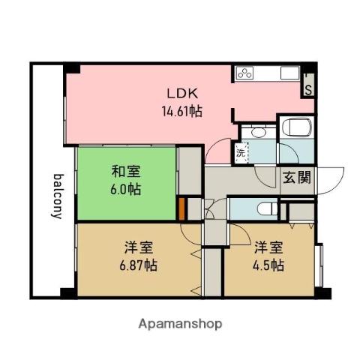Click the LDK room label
(x=182, y=95)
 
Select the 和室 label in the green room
(x=124, y=172)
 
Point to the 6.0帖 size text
(x=124, y=188)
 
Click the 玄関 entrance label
(x=294, y=177)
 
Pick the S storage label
(x=308, y=88)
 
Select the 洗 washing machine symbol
(x=240, y=152)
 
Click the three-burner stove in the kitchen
(x=246, y=73)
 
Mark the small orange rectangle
(x=181, y=208)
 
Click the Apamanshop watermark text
(x=180, y=324)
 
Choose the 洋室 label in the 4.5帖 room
(x=268, y=247)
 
